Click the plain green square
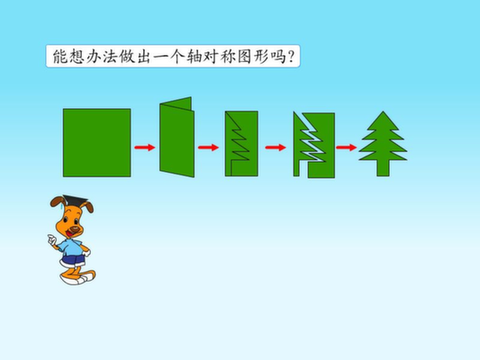tap(96, 142)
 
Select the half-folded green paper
tap(177, 138)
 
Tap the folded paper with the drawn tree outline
tap(241, 143)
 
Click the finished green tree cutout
tap(383, 144)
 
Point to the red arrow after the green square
tap(145, 148)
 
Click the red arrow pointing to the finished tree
tap(346, 148)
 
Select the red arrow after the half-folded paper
tap(208, 148)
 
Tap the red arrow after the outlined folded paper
tap(276, 148)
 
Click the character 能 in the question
tap(60, 57)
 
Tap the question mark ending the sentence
tap(291, 57)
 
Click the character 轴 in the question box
tap(195, 57)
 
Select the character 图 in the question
tap(245, 57)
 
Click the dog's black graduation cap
tap(74, 201)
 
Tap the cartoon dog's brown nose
tap(74, 229)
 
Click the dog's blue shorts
tap(73, 261)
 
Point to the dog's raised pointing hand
tap(51, 238)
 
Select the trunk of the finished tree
tap(383, 168)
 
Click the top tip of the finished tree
tap(383, 112)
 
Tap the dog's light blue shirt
tap(71, 248)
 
